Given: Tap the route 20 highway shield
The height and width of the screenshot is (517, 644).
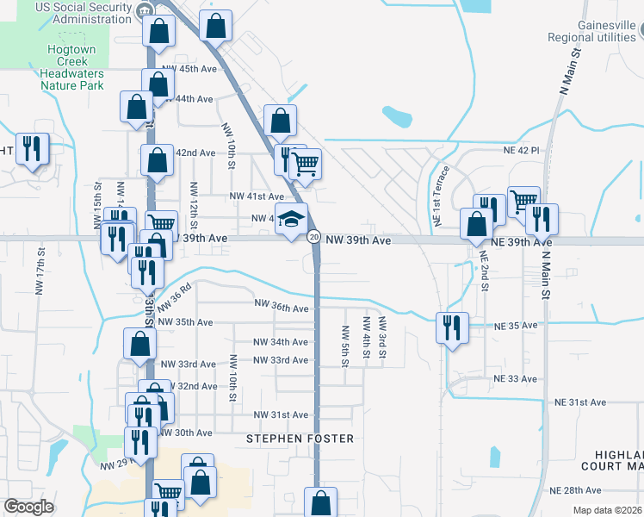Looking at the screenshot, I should point(313,236).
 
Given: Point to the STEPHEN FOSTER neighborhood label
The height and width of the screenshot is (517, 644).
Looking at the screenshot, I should point(300,439).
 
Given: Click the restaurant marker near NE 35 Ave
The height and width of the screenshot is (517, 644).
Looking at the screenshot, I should point(452,327).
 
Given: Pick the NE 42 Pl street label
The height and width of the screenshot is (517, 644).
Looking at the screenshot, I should point(521,150).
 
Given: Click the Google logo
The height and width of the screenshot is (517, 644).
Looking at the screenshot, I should point(29,507).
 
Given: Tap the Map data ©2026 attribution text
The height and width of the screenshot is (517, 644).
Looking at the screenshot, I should point(607,510).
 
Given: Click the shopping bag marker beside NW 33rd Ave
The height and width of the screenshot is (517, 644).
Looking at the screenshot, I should point(139,344).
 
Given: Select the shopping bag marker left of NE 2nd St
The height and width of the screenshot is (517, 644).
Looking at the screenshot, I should point(476,224).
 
